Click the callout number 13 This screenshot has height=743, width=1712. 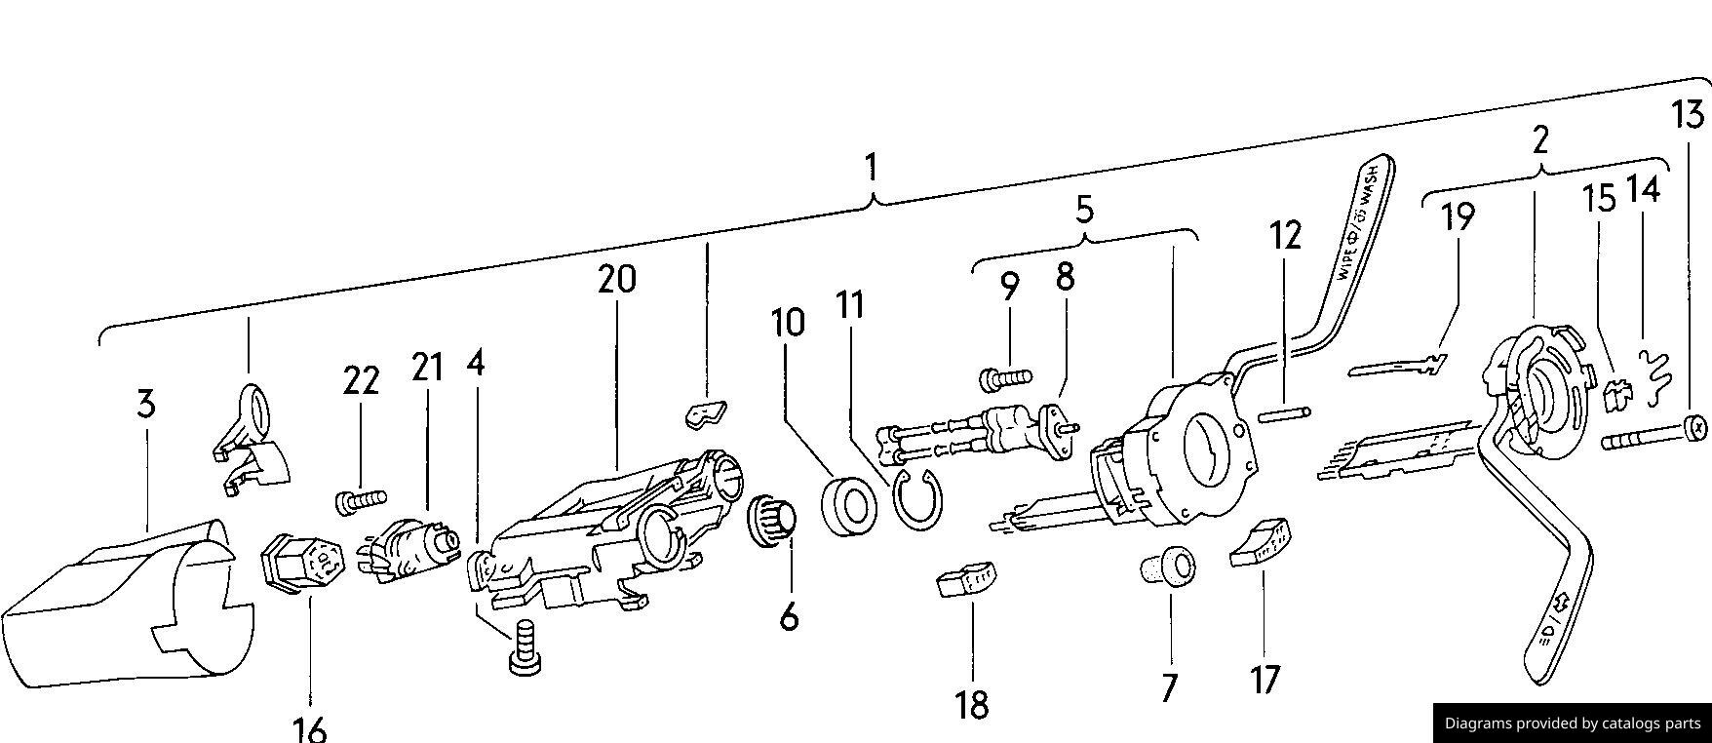point(1688,115)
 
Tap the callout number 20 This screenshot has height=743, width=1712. point(616,280)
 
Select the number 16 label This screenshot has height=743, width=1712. point(309,728)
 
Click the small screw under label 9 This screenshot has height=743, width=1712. point(1004,374)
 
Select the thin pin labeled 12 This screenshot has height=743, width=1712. point(1285,413)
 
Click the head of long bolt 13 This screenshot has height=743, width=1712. point(1694,427)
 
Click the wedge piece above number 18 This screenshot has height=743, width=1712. point(967,579)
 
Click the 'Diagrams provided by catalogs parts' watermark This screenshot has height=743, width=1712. point(1572,723)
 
